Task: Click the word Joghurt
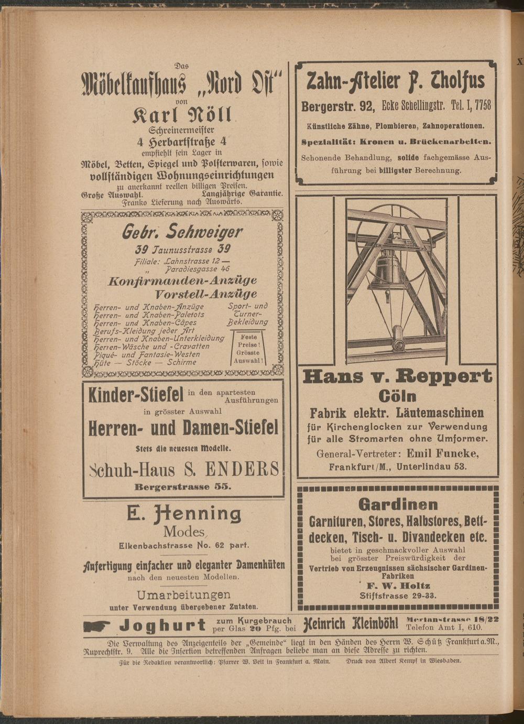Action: (162, 625)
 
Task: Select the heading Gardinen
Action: (398, 504)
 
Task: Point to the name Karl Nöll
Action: (182, 114)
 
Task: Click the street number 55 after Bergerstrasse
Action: (222, 487)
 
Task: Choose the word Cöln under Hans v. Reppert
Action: (397, 396)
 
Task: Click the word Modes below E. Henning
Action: (183, 532)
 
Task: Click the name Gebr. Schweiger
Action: (182, 231)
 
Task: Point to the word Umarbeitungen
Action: (183, 595)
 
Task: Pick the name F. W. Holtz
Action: (398, 586)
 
